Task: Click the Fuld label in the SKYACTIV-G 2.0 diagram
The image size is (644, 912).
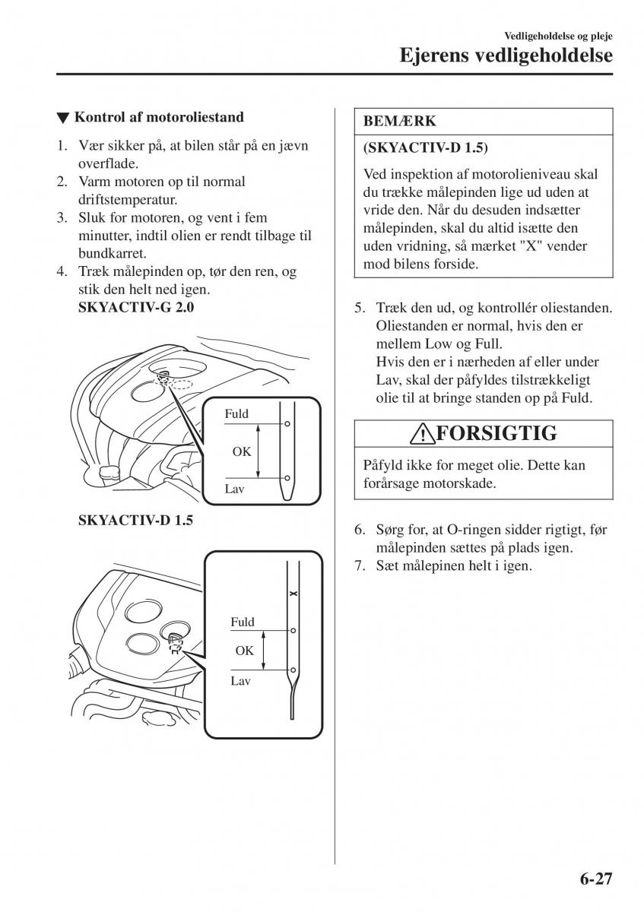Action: (x=236, y=414)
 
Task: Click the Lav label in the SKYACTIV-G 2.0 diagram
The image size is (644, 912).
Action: (x=233, y=489)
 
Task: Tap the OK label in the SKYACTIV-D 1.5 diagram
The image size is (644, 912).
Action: (x=244, y=651)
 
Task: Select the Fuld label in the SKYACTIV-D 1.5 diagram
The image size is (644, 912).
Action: (x=243, y=622)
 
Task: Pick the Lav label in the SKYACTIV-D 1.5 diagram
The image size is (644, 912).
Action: (x=240, y=681)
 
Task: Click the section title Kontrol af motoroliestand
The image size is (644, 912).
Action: (x=159, y=117)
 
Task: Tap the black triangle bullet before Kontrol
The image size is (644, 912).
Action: (x=62, y=118)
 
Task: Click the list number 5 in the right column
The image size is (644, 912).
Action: (x=360, y=309)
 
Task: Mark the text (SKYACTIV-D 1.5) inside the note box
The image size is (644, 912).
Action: (x=426, y=146)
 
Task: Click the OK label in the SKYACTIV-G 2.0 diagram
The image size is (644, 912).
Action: (x=242, y=451)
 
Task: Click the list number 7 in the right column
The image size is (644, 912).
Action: (x=360, y=566)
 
